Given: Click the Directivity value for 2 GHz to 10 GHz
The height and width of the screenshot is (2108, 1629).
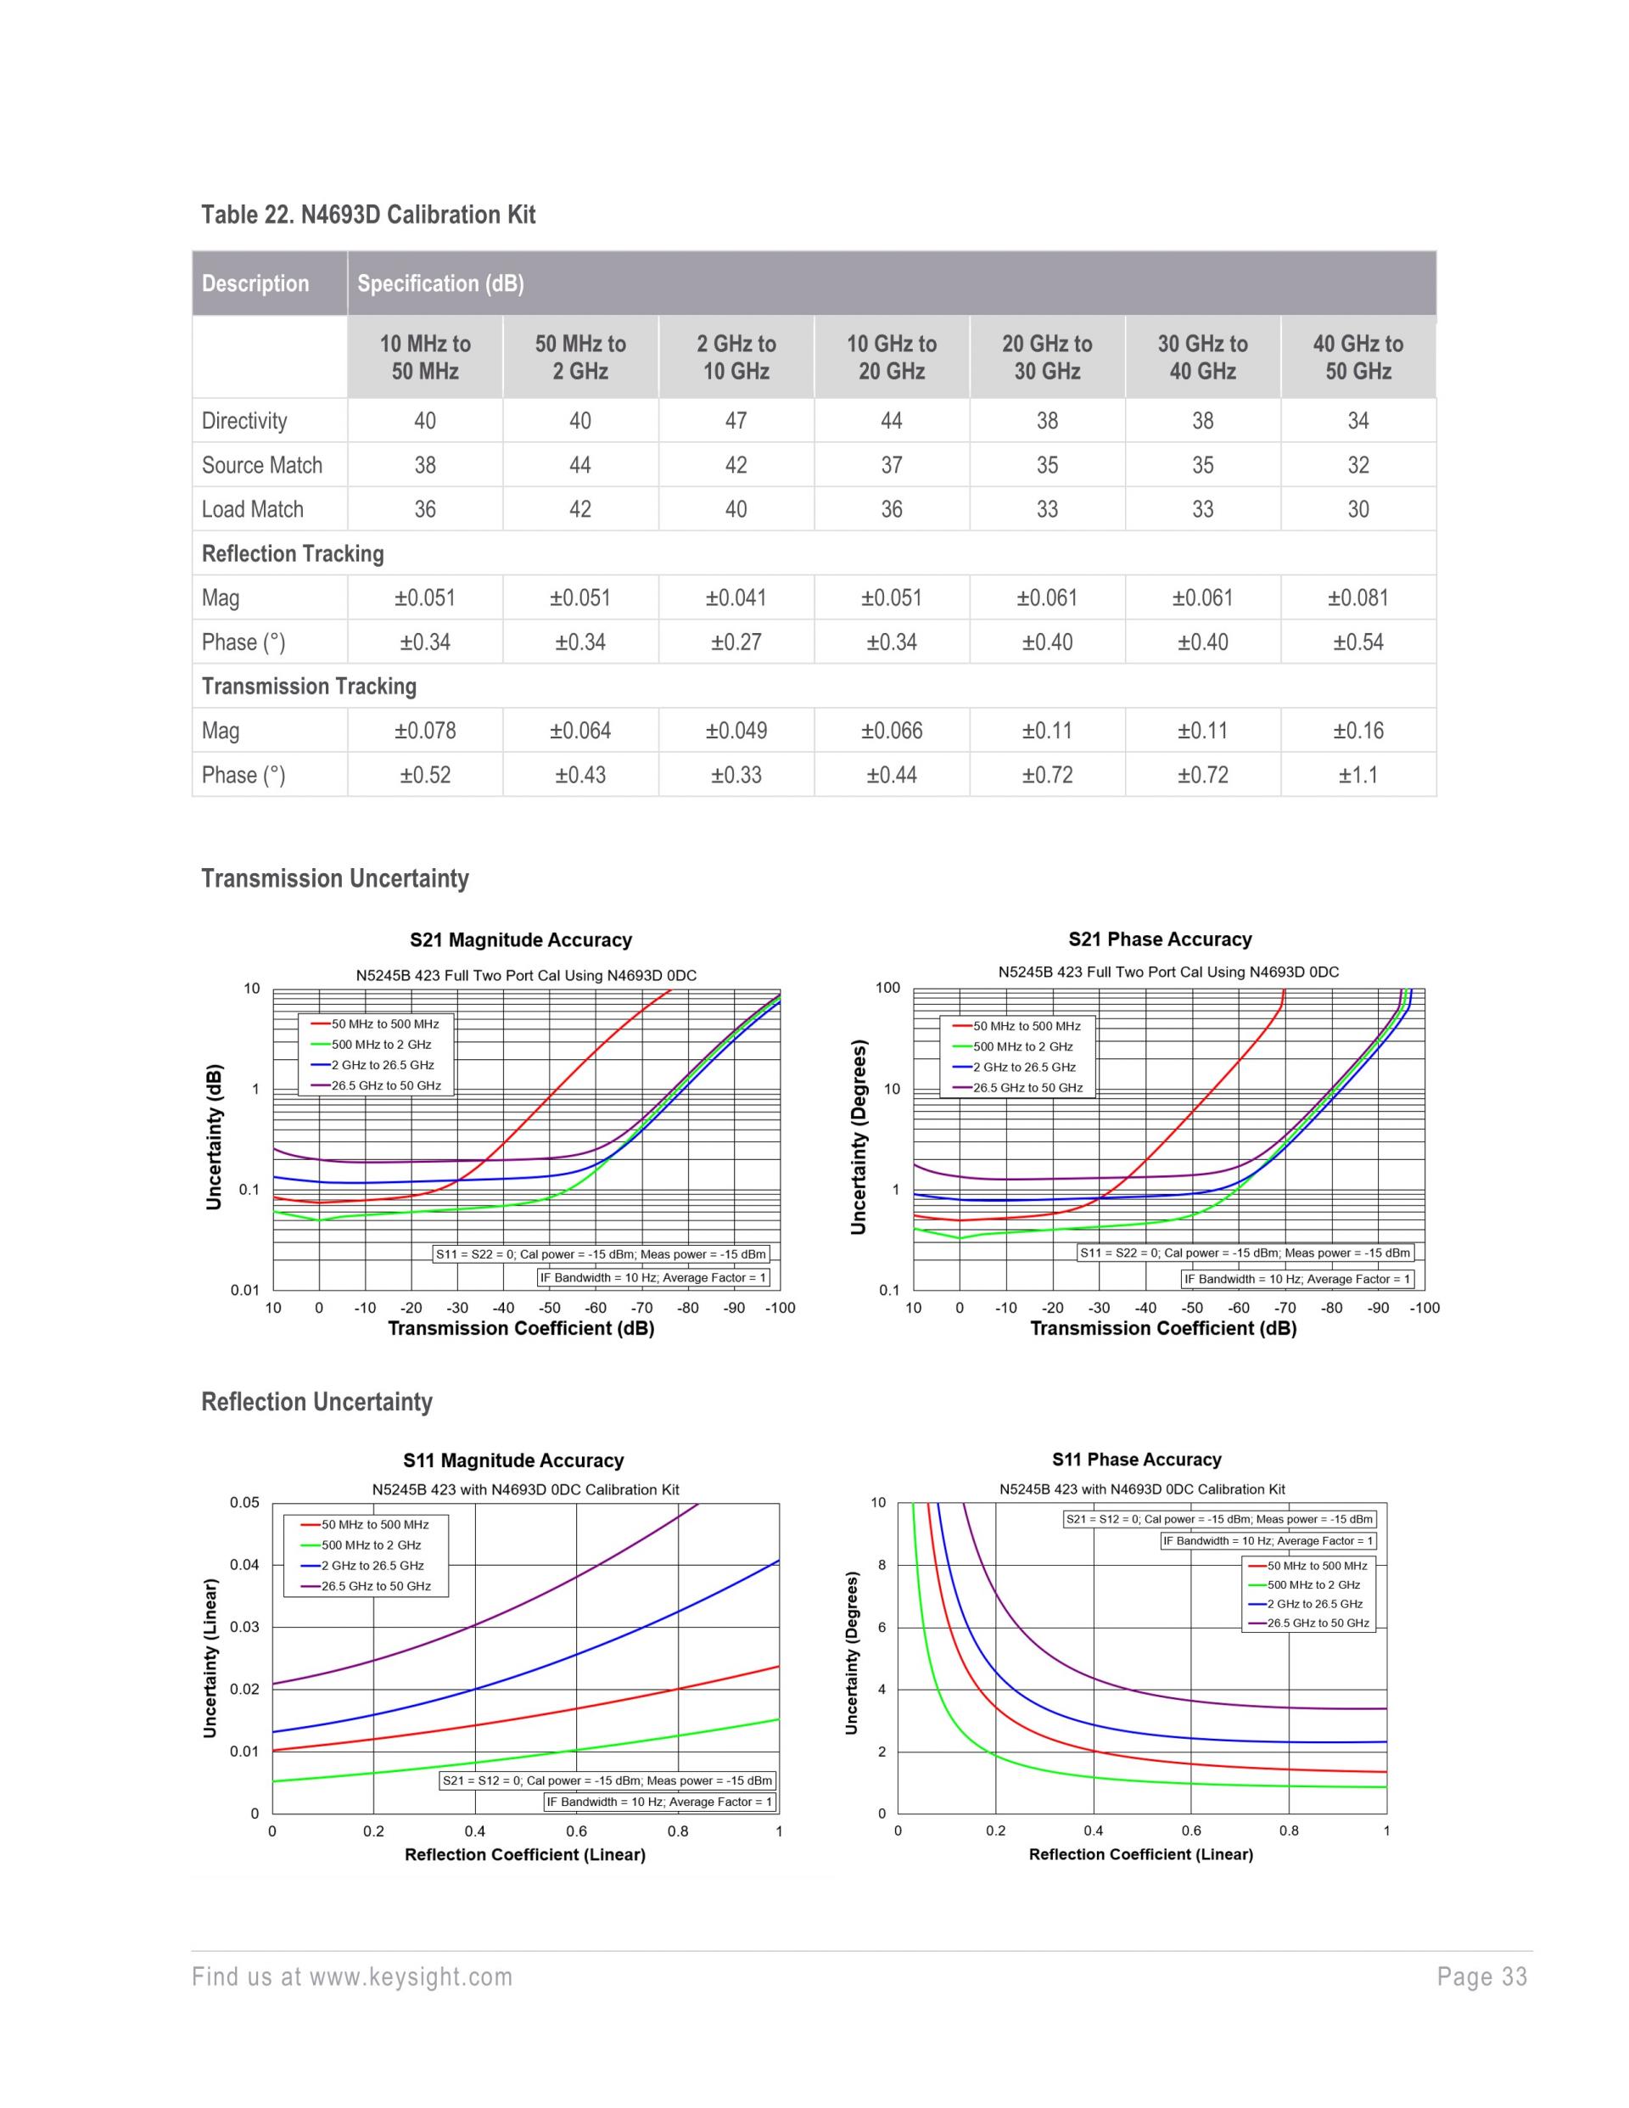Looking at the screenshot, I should tap(736, 421).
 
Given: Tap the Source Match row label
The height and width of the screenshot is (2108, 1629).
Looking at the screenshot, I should tap(261, 465).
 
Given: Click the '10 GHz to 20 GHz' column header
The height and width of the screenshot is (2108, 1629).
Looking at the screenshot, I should tap(892, 357).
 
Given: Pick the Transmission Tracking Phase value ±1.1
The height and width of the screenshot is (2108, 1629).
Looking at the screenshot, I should tap(1357, 775).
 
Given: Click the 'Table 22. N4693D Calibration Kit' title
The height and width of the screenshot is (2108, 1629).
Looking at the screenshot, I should tap(367, 214).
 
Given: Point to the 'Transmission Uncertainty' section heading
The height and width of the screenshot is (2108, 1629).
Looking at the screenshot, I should tap(335, 878).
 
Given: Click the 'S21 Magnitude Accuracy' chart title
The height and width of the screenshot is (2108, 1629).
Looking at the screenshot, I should tap(520, 940).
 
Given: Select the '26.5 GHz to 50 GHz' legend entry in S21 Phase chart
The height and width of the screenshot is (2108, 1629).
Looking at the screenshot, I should tap(1027, 1088).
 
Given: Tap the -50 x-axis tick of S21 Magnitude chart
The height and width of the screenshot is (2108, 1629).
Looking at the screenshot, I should tap(549, 1308).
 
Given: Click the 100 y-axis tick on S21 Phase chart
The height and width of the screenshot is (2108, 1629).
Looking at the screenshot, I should tap(887, 989).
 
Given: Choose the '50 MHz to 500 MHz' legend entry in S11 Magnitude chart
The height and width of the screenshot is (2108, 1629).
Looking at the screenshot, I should tap(374, 1525).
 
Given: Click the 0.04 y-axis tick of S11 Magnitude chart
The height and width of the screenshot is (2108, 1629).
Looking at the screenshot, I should tap(244, 1565).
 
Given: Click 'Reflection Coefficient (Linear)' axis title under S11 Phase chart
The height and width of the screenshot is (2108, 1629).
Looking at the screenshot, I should tap(1140, 1854).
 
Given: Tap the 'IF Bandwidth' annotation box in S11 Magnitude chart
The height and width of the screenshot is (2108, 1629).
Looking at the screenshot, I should tap(660, 1802).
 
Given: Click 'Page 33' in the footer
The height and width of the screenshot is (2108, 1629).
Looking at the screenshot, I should tap(1481, 1976).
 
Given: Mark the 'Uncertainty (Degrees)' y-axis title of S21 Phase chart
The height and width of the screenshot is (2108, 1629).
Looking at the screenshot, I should tap(858, 1136).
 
